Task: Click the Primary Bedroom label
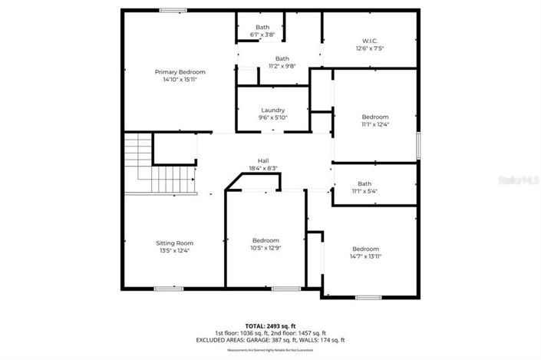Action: click(180, 71)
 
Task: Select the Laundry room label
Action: click(272, 110)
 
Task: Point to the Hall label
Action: click(262, 160)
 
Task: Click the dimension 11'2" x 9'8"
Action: click(282, 67)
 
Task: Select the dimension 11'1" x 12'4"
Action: click(375, 124)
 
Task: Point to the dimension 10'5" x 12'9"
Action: click(266, 247)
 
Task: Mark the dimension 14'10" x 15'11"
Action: click(180, 79)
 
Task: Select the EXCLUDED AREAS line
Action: click(270, 339)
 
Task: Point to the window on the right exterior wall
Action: click(418, 145)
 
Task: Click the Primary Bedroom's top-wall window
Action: click(173, 10)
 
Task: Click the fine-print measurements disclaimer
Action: click(270, 350)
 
